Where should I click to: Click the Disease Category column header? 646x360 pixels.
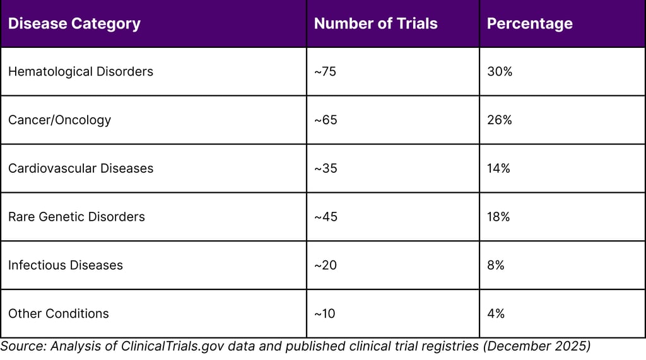click(74, 24)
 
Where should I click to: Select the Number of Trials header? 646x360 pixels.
click(375, 24)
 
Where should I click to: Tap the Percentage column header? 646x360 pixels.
click(530, 24)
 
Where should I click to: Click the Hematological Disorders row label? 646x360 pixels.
click(81, 71)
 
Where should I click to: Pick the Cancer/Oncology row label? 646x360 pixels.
click(59, 120)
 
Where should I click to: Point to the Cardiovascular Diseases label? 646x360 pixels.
click(81, 168)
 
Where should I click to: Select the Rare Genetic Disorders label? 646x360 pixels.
click(76, 217)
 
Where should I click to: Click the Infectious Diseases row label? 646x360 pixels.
click(66, 265)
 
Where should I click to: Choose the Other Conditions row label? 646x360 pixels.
click(59, 313)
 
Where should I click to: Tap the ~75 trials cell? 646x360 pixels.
click(326, 71)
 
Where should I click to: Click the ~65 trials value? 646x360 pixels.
click(326, 120)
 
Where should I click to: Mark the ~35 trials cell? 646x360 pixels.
click(326, 168)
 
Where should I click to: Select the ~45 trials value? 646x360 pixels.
click(326, 217)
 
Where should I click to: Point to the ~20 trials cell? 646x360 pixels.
click(326, 265)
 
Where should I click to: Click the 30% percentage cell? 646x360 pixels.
click(500, 71)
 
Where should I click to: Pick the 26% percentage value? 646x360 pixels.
click(500, 120)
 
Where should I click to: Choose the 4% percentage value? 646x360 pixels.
click(496, 313)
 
